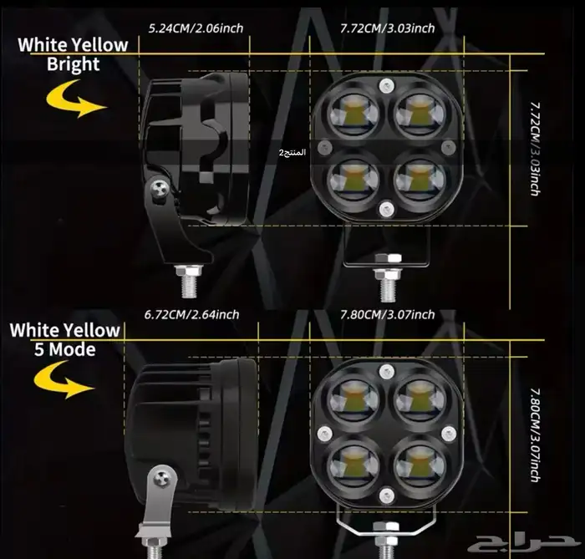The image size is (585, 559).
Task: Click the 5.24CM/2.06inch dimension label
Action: (196, 28)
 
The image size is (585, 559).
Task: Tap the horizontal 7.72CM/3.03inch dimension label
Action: (387, 28)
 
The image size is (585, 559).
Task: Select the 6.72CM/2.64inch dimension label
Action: (191, 315)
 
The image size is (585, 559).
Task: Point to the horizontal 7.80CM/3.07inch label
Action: (387, 315)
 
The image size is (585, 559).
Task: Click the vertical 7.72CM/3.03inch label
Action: (536, 149)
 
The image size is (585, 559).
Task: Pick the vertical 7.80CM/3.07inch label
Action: (536, 435)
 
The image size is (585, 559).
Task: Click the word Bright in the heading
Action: (74, 64)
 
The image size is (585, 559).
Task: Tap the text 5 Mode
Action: (65, 350)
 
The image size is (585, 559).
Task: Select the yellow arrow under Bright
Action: (76, 99)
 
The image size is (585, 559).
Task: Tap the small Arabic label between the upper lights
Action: (292, 153)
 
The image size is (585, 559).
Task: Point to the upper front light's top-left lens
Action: (354, 114)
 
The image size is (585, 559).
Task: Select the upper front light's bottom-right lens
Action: (420, 179)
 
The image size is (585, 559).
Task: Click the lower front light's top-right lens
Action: (420, 399)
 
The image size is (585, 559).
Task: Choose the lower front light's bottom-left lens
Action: (354, 465)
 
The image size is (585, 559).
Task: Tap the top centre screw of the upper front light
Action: (386, 86)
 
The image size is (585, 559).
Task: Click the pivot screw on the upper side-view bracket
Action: (160, 191)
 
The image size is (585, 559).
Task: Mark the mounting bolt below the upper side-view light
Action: (189, 281)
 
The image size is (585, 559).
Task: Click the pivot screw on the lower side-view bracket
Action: (162, 479)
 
